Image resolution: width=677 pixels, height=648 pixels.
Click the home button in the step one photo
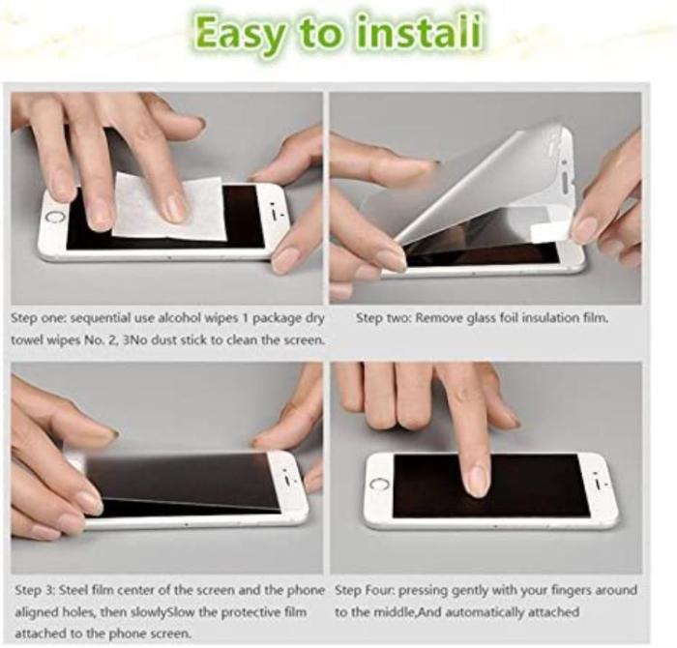(x=54, y=217)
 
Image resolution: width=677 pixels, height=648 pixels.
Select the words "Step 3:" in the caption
(x=35, y=590)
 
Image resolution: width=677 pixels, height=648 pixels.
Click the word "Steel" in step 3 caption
(x=74, y=590)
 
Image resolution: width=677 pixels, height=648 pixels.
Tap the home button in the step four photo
(x=379, y=485)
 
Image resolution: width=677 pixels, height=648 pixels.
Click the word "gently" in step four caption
(x=467, y=591)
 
